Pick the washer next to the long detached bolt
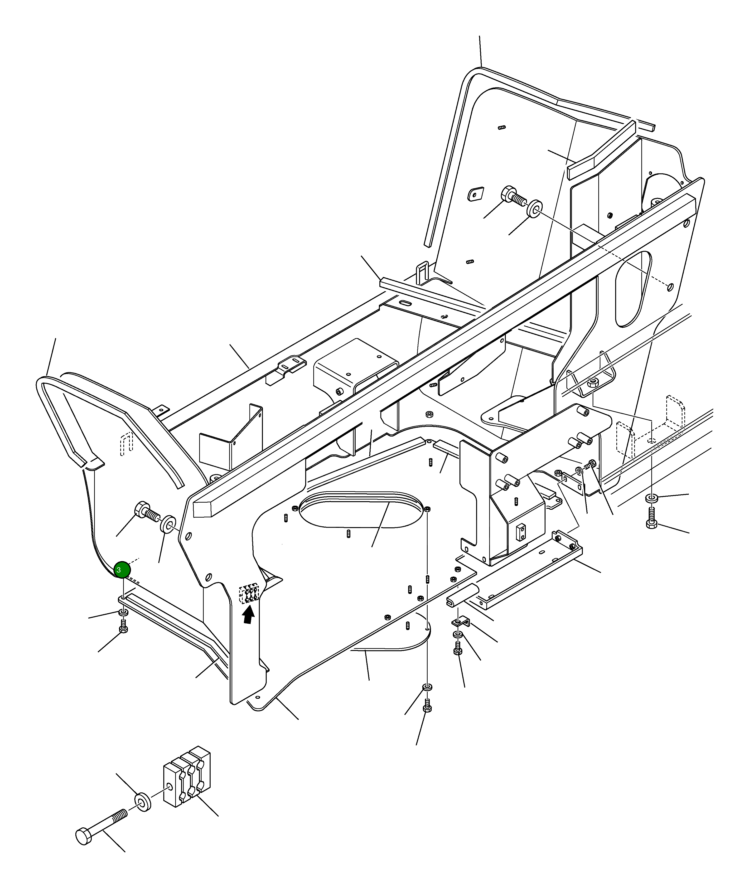[143, 801]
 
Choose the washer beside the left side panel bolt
[169, 523]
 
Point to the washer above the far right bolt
[651, 497]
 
